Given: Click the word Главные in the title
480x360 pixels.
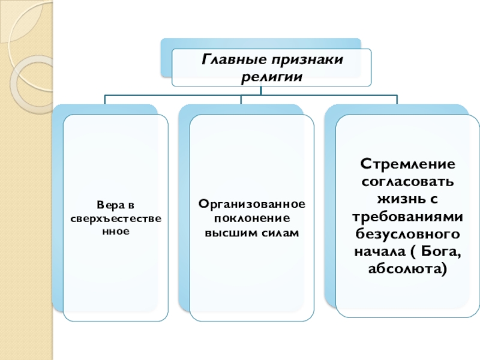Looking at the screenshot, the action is point(227,60).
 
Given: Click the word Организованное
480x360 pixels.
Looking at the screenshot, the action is point(252,205).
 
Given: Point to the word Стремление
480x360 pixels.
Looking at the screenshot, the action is point(407,164).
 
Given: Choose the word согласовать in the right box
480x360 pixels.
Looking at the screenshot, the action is point(407,181).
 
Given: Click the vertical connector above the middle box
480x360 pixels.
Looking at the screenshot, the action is point(241,99).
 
